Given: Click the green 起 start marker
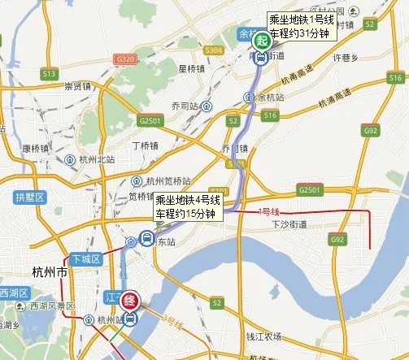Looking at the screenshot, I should (x=261, y=41).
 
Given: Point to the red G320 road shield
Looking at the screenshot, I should (x=125, y=59).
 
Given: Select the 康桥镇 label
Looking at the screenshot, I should (x=37, y=148).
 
